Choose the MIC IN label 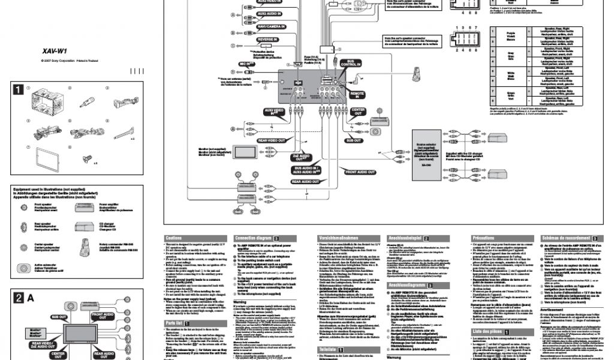click(245, 63)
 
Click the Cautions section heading click(174, 238)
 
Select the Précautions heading click(484, 238)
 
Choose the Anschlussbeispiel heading click(408, 238)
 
